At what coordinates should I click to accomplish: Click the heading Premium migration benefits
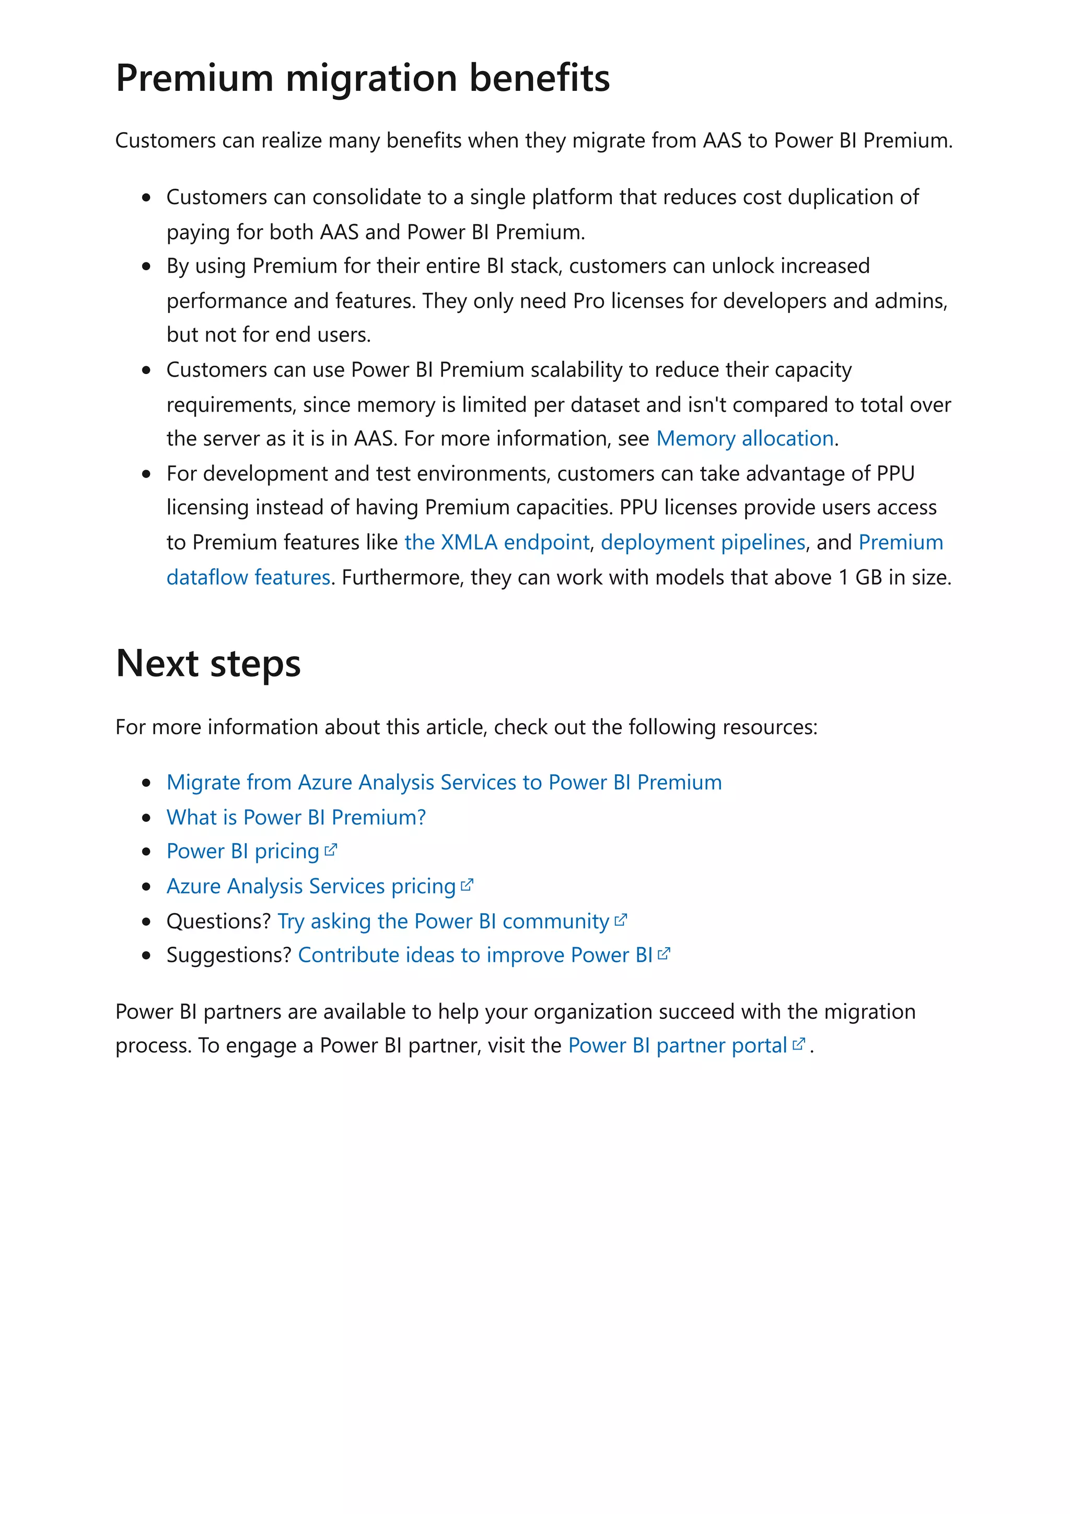(363, 78)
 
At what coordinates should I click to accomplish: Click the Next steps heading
(208, 663)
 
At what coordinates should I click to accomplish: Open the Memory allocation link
(745, 438)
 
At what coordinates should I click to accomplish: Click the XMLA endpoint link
(496, 542)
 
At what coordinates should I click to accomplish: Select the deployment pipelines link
(703, 542)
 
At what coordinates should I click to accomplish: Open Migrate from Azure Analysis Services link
(444, 782)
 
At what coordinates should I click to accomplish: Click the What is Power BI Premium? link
(296, 817)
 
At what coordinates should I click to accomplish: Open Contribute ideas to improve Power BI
(475, 956)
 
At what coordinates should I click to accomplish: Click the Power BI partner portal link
(677, 1046)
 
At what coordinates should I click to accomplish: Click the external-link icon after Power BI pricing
(331, 850)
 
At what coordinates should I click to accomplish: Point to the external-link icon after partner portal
(798, 1044)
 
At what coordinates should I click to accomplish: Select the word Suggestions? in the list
(228, 956)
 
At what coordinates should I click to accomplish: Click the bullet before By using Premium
(146, 266)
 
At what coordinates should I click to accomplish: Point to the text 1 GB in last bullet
(859, 578)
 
